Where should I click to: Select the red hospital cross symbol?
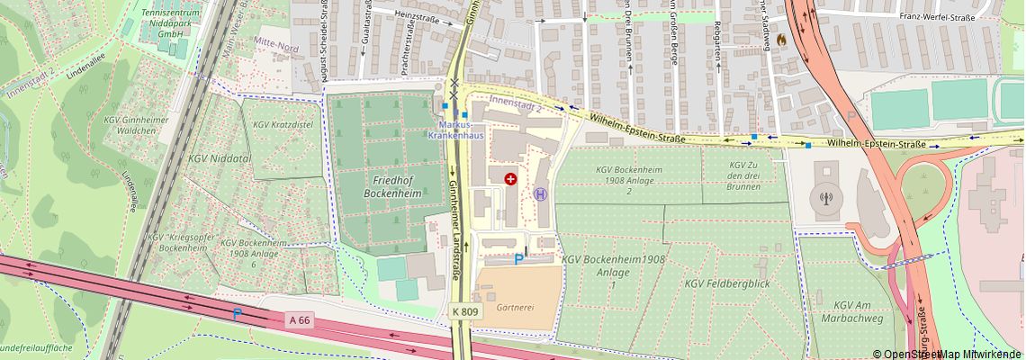510,179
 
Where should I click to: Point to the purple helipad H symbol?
540,193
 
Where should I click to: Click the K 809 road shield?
464,311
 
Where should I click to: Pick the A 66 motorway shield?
300,319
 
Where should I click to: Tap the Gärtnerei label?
516,307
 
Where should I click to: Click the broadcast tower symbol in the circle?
825,195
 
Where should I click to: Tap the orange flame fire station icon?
779,40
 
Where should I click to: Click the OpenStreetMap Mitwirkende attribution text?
948,354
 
